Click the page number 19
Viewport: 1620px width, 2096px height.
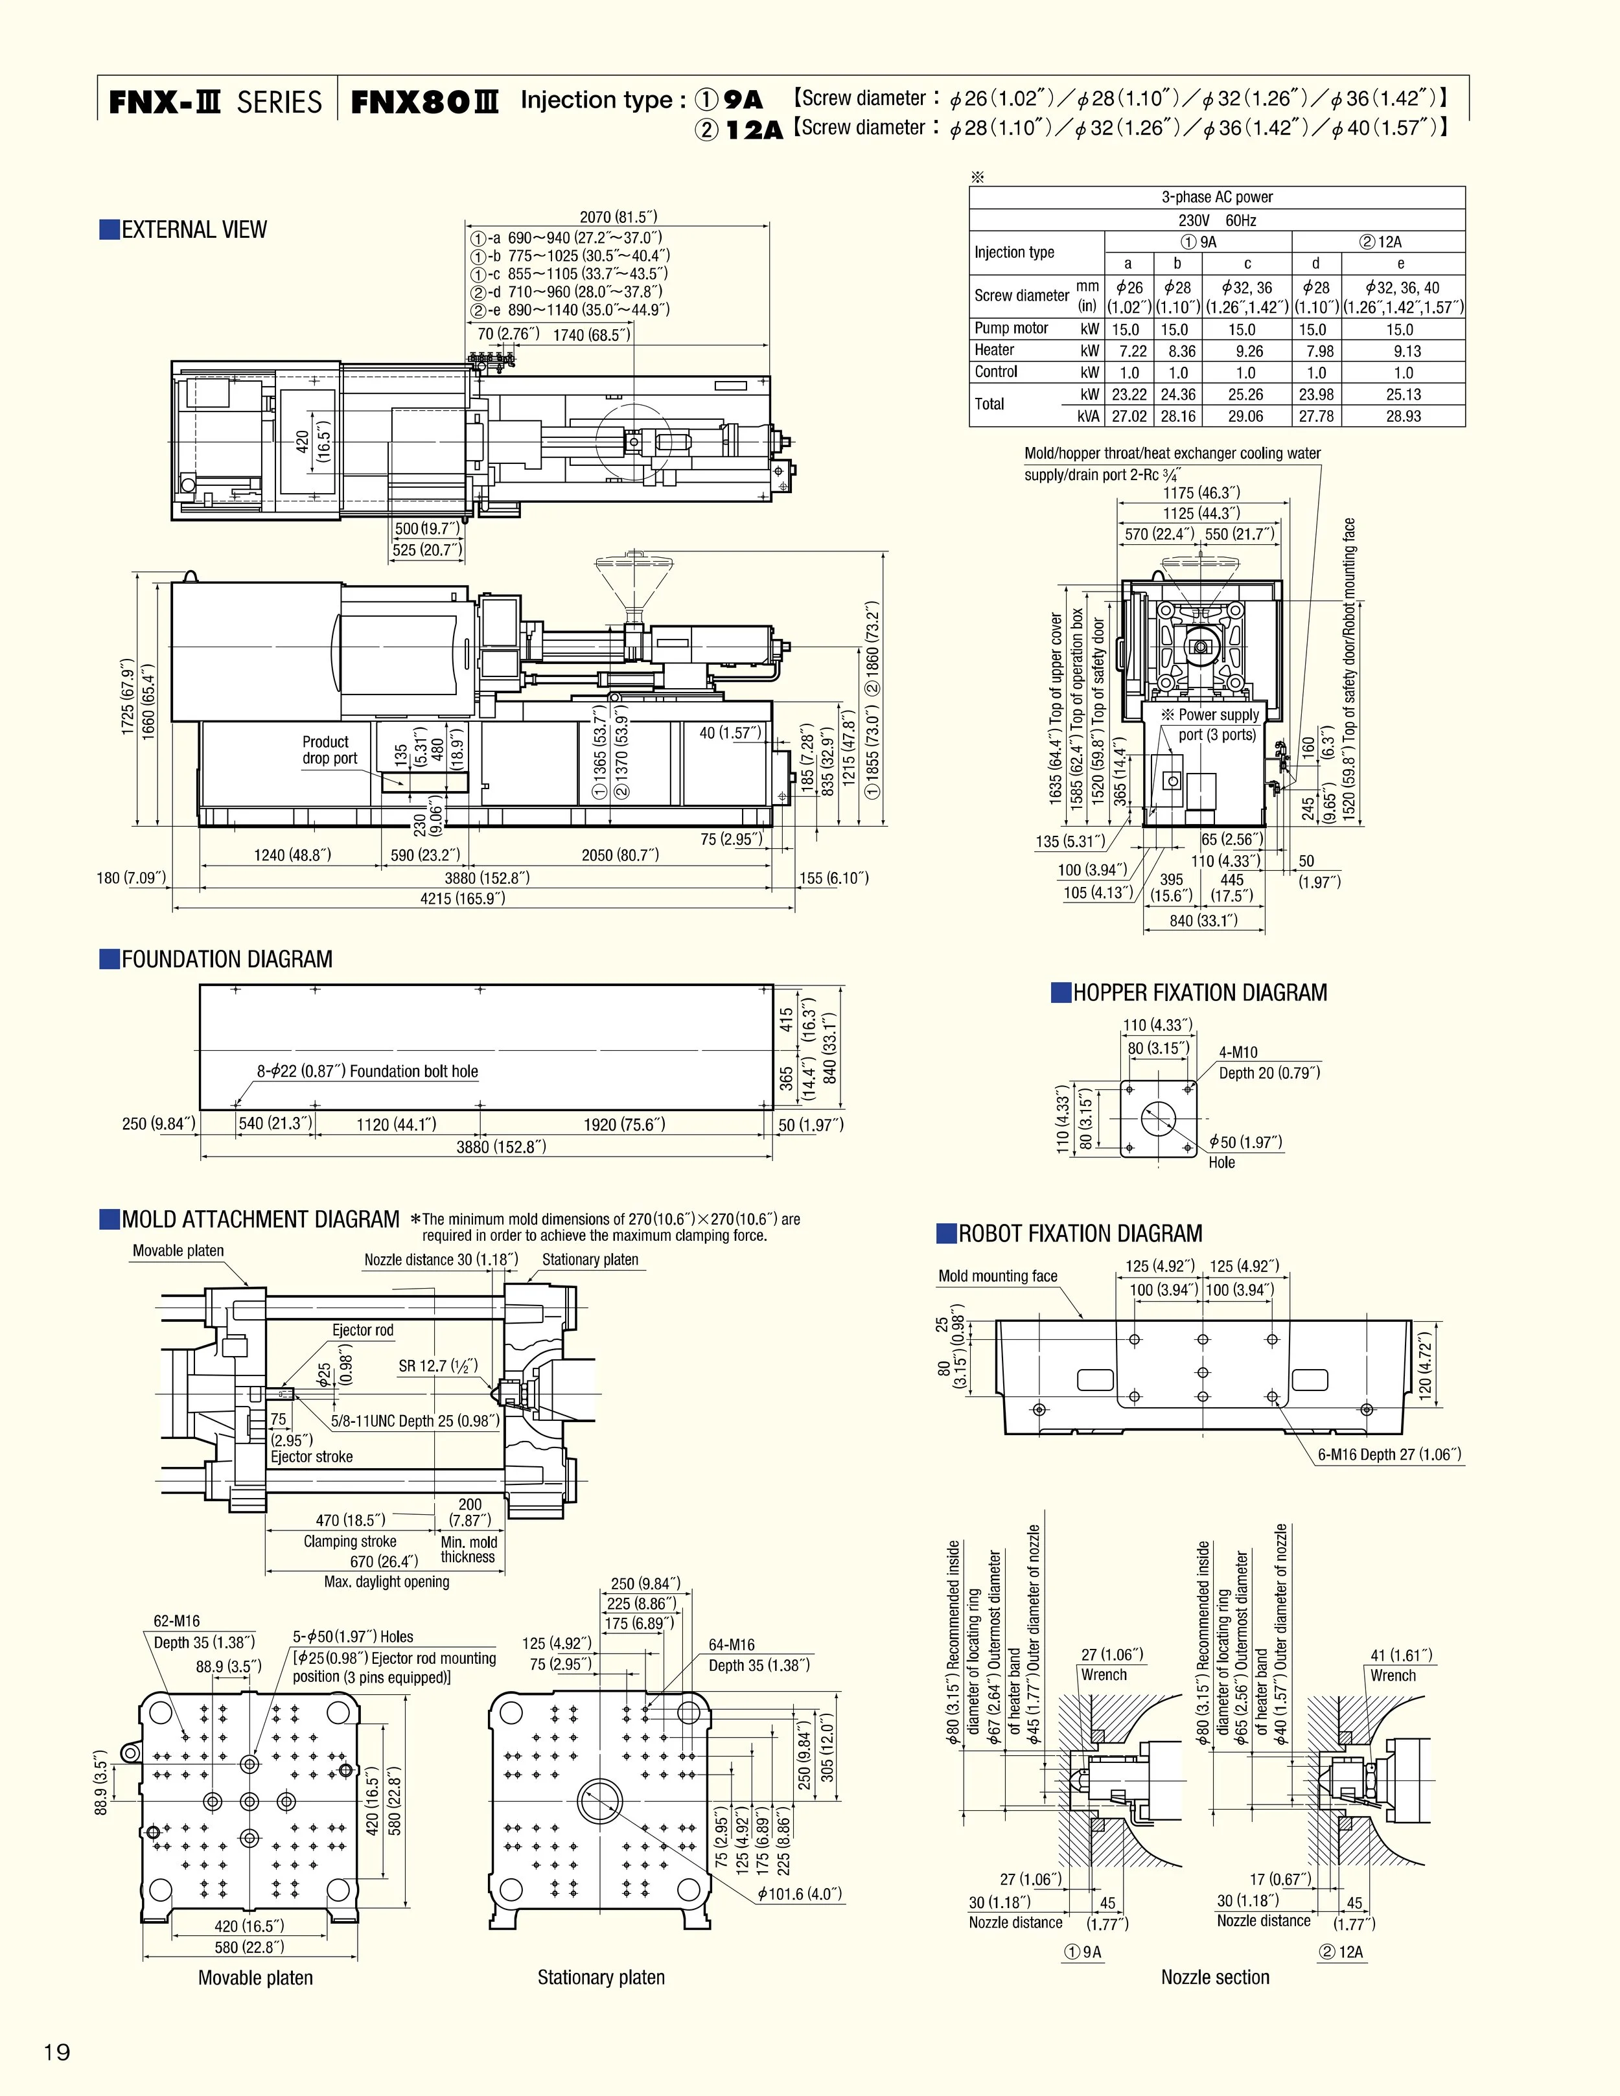(56, 2053)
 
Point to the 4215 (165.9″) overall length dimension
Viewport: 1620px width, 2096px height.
(463, 898)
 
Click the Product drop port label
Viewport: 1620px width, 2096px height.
(329, 750)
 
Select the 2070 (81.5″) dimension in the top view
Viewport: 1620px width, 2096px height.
(618, 217)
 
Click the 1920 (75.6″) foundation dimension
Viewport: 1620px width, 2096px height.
(624, 1124)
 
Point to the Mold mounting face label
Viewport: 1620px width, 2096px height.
(997, 1276)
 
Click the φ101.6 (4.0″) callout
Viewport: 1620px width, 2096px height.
(800, 1893)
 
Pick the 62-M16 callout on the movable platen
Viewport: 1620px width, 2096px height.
(177, 1621)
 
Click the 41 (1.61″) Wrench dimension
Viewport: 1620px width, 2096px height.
(1400, 1655)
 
